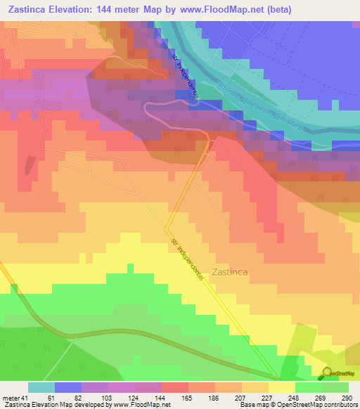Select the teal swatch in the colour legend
pos(41,387)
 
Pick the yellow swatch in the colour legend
pos(281,387)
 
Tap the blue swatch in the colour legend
pos(67,387)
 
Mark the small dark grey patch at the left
pos(30,166)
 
